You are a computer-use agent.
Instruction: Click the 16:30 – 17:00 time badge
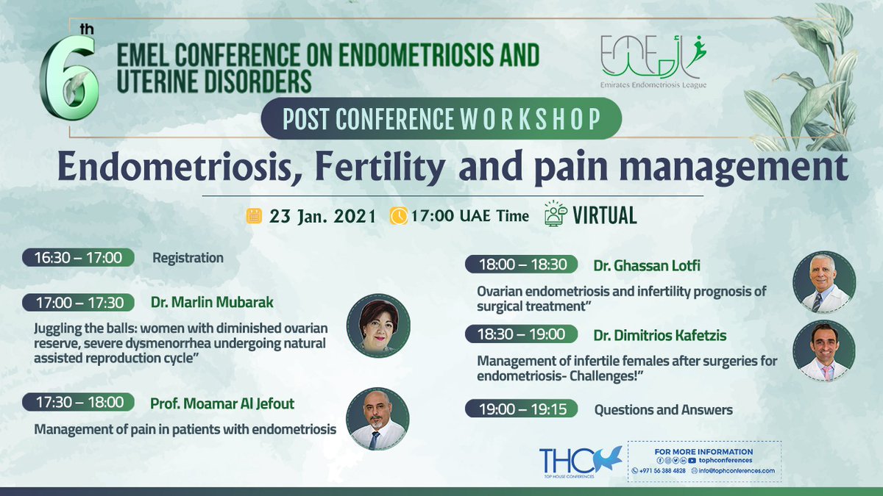(78, 257)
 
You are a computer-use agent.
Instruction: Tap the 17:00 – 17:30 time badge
(78, 302)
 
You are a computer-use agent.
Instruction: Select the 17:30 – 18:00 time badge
(78, 402)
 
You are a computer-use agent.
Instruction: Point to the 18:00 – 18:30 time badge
(521, 264)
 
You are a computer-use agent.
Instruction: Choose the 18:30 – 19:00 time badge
(521, 334)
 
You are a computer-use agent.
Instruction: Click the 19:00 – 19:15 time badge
(521, 409)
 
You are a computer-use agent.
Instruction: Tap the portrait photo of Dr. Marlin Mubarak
(378, 326)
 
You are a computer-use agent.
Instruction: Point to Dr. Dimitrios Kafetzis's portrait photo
(823, 351)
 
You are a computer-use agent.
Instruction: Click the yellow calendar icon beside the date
(254, 216)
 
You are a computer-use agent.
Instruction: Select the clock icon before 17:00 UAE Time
(398, 216)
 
